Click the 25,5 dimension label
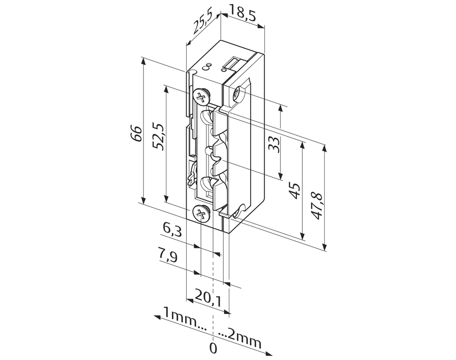point(202,21)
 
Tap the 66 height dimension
point(136,134)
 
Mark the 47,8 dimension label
point(317,205)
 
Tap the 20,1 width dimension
point(207,297)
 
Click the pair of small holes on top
point(207,67)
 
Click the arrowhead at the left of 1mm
point(156,317)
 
